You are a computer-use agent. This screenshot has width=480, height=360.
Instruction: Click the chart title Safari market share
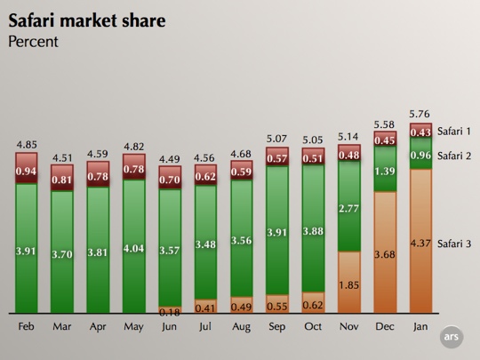(x=86, y=20)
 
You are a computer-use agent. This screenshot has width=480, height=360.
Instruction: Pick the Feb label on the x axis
(x=26, y=326)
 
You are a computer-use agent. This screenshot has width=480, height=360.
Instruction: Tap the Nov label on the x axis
(x=348, y=326)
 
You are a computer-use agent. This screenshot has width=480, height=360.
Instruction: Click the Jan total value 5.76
(x=420, y=114)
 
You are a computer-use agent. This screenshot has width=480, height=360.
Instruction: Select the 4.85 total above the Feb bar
(x=26, y=144)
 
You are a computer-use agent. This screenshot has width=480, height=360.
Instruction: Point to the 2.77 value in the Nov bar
(x=348, y=207)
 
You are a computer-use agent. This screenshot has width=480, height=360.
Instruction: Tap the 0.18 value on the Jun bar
(x=169, y=312)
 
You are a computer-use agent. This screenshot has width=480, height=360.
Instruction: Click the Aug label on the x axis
(x=241, y=326)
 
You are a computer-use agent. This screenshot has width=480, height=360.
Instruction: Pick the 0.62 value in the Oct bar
(x=313, y=305)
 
